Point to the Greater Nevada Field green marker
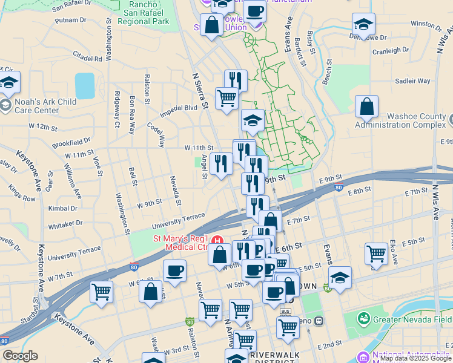pos(363,318)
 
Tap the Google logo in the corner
pos(20,356)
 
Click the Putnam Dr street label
pos(71,20)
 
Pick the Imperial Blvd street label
pos(179,111)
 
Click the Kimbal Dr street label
pos(62,208)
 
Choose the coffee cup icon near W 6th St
pos(174,270)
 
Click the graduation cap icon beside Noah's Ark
pos(9,83)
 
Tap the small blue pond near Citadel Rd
pos(85,85)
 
